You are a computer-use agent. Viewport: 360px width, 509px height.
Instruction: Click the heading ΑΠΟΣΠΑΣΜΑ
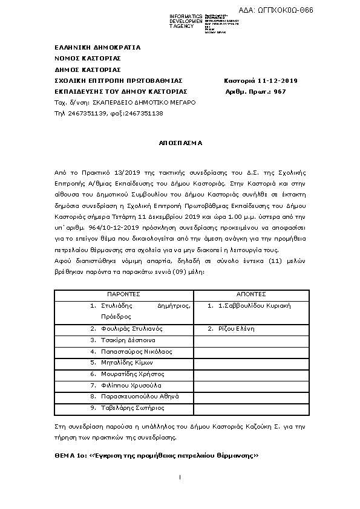(x=180, y=144)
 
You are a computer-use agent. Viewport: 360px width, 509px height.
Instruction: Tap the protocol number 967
(x=280, y=91)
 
